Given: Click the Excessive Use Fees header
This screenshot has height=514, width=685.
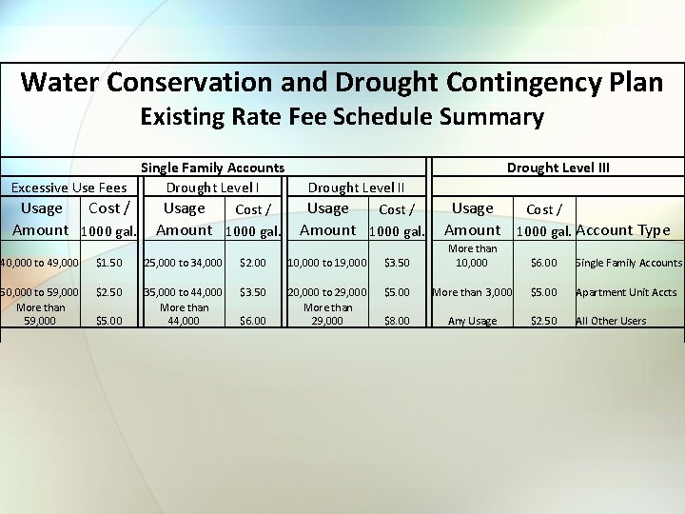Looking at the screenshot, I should point(69,188).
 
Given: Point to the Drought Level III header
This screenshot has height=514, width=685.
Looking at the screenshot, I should point(558,168).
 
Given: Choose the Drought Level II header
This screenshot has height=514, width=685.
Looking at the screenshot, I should point(356,188).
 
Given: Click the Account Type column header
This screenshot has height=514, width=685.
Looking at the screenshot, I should point(622,229).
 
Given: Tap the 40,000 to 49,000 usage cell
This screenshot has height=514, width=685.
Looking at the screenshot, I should point(40,262).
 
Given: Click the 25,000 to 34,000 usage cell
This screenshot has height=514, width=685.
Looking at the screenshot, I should point(185,262).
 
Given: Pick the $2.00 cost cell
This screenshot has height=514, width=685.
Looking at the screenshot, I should point(253,262).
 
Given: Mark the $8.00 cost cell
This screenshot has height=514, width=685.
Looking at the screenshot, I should point(396,321).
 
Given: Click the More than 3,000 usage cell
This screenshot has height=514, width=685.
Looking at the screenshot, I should point(472,292).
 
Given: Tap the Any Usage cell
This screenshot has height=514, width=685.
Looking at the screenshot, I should point(472,321).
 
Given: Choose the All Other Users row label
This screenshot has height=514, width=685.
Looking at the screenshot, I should point(611,321).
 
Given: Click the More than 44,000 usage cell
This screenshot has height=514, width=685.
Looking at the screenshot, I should point(185,314).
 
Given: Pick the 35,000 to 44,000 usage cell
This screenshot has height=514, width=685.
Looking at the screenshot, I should point(185,292).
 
